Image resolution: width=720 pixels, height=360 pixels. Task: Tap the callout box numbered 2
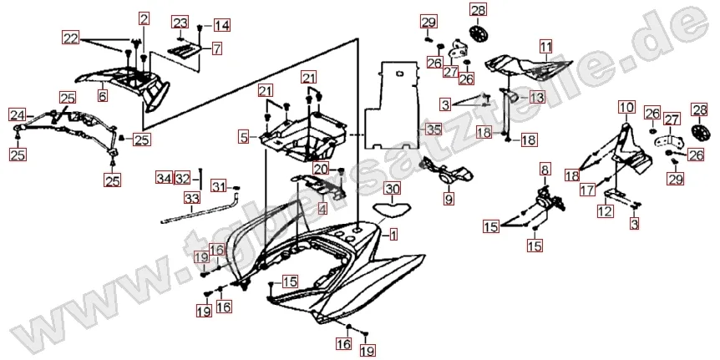(144, 18)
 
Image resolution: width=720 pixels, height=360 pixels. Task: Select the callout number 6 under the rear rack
(102, 96)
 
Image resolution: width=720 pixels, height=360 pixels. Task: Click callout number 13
(535, 98)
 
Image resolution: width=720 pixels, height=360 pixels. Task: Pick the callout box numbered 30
(393, 189)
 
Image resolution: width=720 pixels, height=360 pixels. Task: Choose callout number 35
(432, 129)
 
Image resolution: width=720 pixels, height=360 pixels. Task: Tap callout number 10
(626, 107)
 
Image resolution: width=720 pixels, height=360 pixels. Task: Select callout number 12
(603, 213)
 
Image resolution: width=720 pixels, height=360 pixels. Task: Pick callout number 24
(17, 114)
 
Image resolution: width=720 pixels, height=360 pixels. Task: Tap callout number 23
(180, 22)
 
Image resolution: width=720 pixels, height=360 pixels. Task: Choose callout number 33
(192, 198)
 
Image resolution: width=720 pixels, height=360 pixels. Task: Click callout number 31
(217, 185)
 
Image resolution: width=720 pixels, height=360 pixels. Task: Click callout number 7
(215, 48)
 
